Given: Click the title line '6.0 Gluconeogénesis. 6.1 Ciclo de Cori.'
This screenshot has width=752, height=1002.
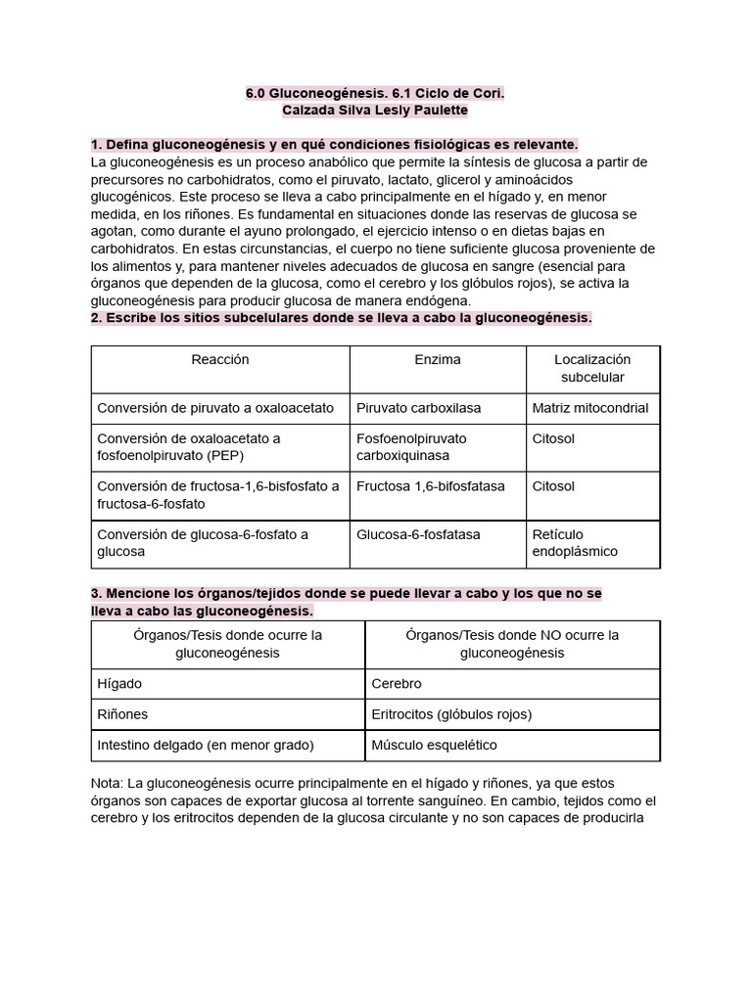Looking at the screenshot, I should point(375,94).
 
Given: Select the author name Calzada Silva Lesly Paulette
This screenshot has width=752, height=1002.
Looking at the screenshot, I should point(375,111).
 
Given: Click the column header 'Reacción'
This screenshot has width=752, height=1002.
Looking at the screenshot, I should point(220,360).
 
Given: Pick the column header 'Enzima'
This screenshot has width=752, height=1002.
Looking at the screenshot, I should point(438,360).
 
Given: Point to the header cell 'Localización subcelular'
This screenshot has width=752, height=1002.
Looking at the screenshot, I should point(592,368).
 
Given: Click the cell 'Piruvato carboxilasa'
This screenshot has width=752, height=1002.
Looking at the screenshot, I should point(418,408).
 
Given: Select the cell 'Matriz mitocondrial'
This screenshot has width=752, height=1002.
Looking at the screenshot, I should point(589,408).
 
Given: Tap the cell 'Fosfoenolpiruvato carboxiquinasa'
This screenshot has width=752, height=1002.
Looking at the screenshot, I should point(411,447).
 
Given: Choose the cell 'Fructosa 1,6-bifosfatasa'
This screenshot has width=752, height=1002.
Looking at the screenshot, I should point(430,486).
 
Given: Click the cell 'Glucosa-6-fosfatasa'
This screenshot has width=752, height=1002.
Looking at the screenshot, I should point(418,534).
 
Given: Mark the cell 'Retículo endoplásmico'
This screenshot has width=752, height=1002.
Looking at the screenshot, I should point(575,543).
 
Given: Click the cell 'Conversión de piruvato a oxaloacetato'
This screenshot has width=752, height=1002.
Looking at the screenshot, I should point(215,408).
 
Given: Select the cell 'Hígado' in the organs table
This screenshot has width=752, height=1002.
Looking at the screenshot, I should point(119,683).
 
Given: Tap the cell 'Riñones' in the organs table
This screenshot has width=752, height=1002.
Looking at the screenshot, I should point(123,714).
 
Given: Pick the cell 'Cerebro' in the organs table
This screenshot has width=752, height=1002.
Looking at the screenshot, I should point(397,683).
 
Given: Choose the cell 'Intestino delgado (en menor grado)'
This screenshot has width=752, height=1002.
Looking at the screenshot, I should point(206,746).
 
